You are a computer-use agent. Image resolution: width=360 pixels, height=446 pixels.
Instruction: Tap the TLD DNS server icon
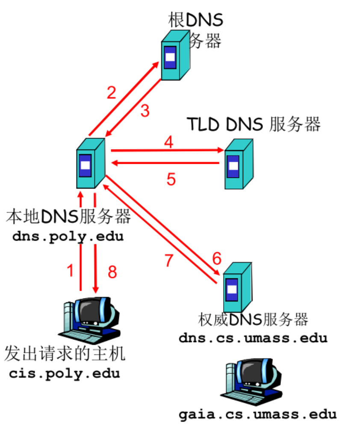(x=238, y=164)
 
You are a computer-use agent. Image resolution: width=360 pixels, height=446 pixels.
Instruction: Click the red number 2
(x=112, y=93)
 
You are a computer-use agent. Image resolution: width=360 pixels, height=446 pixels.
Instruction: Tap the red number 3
(x=145, y=111)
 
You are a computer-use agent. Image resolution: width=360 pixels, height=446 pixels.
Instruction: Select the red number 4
(x=169, y=142)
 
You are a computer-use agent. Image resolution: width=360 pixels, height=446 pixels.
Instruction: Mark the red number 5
(x=171, y=180)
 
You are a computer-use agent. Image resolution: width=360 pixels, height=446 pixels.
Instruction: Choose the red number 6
(x=217, y=259)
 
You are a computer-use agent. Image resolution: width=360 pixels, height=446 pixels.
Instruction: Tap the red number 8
(x=112, y=272)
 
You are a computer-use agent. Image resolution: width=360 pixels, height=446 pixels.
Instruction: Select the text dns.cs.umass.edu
(x=253, y=338)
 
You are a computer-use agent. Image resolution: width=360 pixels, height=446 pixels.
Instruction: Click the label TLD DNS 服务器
(x=254, y=124)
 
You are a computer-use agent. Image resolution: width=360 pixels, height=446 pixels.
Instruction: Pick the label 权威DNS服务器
(x=253, y=319)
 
